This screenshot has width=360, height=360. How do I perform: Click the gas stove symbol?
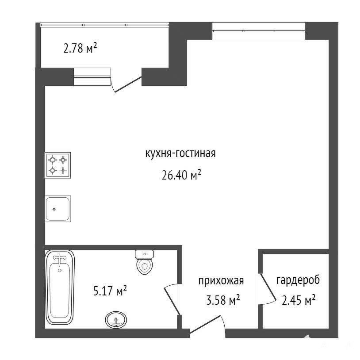pos(57,165)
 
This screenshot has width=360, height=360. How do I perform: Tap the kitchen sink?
pos(57,209)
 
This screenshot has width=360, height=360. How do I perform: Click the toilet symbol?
pos(145,262)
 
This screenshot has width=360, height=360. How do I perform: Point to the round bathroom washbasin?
pos(116,320)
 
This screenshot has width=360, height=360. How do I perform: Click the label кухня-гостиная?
pos(180,153)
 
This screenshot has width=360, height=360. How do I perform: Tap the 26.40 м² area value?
pos(181,175)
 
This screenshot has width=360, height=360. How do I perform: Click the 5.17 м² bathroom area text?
pos(110,291)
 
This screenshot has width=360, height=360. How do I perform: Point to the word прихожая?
pos(221,280)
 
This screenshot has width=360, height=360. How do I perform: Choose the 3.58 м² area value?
pos(223,300)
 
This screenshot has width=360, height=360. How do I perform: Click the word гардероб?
pos(298,280)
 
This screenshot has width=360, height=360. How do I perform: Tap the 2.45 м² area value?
pos(299,300)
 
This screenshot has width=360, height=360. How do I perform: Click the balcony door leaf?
pos(128,84)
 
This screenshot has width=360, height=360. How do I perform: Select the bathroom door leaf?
pos(172,301)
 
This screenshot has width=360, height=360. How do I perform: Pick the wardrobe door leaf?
pos(268,287)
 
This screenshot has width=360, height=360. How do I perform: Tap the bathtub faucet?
pos(60,259)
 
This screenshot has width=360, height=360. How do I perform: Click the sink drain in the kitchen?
pos(54,209)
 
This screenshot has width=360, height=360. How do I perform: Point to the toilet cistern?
pos(145,254)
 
